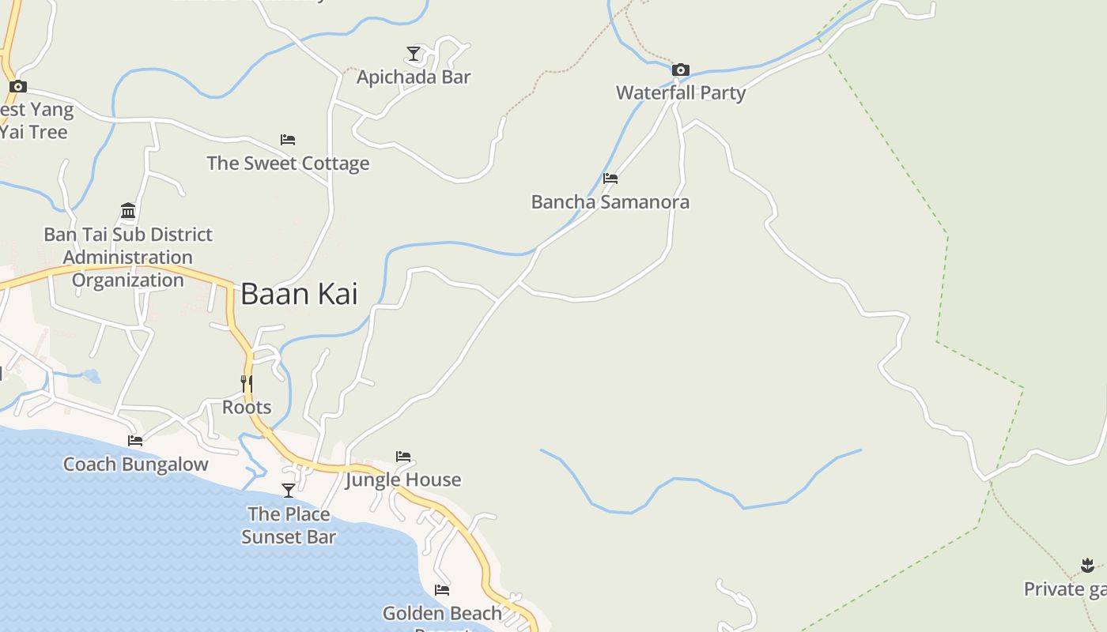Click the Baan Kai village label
[x=299, y=294]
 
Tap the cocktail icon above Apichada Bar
[x=414, y=54]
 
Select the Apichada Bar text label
[x=414, y=77]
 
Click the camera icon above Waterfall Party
[x=680, y=70]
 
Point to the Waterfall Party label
[x=681, y=93]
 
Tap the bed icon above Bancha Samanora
[x=610, y=179]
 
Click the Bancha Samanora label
[x=610, y=202]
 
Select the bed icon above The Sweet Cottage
[x=288, y=140]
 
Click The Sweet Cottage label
[x=288, y=164]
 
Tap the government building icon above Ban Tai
[x=128, y=211]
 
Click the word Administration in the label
[x=128, y=258]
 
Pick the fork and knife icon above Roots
[x=247, y=384]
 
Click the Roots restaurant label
[x=247, y=408]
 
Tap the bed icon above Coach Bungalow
[x=135, y=441]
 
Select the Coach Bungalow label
[x=135, y=465]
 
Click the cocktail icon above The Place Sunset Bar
[x=289, y=491]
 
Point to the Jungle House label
[x=403, y=480]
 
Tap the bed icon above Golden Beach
[x=442, y=590]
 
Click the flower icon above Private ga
[x=1087, y=565]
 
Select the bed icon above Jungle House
[x=403, y=457]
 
